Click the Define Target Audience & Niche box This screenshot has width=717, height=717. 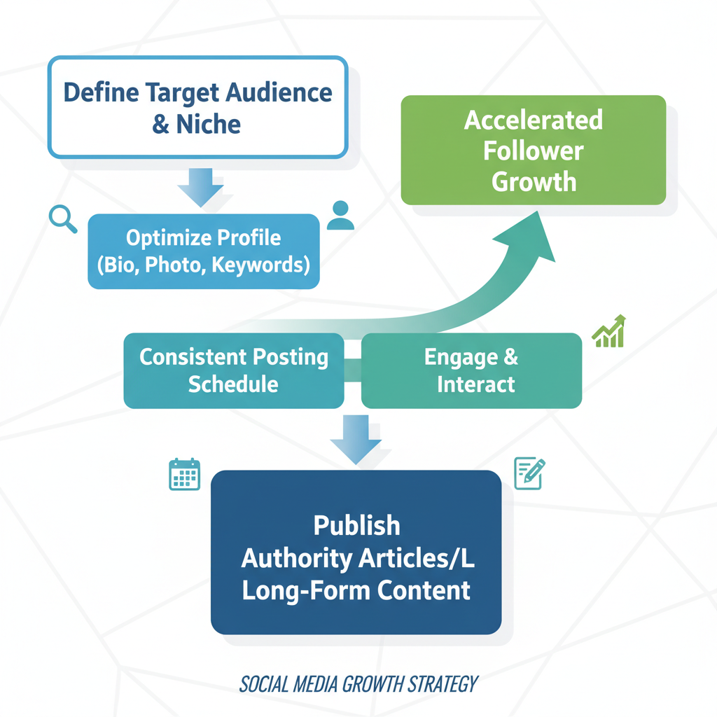tap(197, 107)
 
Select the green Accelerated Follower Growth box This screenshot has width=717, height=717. tap(533, 150)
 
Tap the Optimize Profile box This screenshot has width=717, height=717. tap(203, 251)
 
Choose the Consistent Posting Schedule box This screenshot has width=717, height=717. tap(233, 370)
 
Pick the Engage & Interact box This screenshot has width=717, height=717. tap(471, 370)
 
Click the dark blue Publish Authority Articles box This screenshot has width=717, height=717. tap(356, 552)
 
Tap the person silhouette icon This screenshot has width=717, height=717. tap(340, 216)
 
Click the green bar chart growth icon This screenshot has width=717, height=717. tap(609, 332)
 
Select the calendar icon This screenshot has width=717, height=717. tap(184, 474)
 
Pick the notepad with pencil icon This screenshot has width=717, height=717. tap(529, 473)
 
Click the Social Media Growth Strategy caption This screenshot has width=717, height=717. tap(358, 683)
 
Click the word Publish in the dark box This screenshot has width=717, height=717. tap(356, 525)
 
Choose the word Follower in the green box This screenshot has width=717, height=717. tap(533, 151)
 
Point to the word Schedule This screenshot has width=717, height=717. tap(233, 384)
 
